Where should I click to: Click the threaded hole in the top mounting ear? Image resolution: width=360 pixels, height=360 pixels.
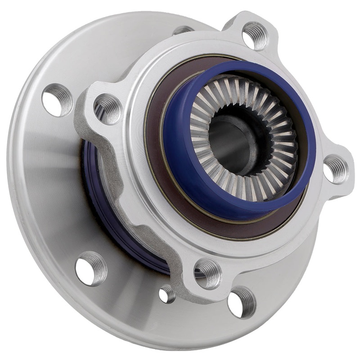(x=255, y=35)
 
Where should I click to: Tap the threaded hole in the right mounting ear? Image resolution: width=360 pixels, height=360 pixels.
(x=336, y=169)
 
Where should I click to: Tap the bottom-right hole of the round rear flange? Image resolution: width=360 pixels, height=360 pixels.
(x=242, y=302)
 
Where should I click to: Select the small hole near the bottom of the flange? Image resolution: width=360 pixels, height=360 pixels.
(x=167, y=294)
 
